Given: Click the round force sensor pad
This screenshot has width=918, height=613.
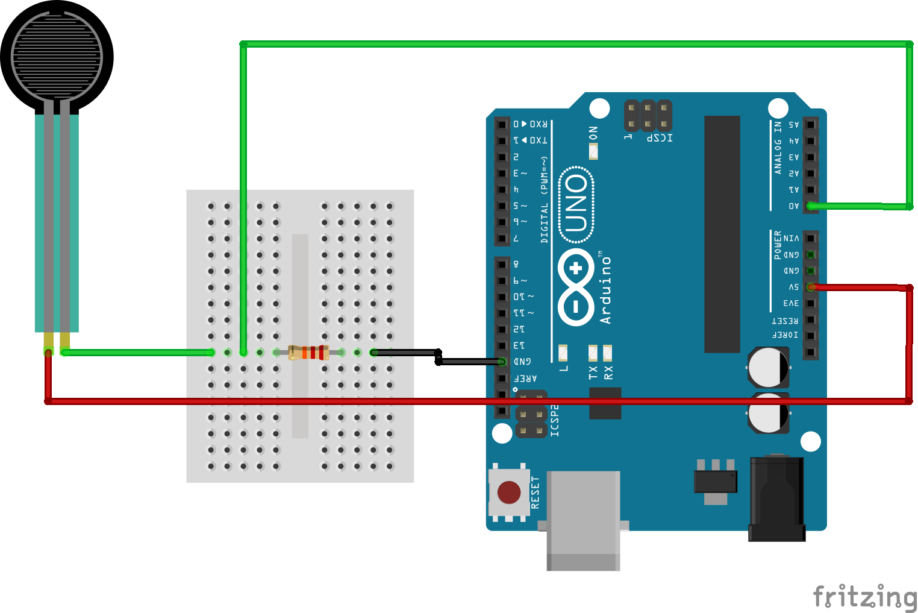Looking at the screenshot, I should [x=57, y=57].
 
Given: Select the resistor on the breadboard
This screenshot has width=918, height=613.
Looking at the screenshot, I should [x=308, y=353].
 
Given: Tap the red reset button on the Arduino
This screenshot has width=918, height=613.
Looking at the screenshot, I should [x=509, y=492].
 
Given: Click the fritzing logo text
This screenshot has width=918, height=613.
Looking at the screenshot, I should [x=864, y=596].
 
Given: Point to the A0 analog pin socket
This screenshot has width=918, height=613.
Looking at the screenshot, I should [x=811, y=206].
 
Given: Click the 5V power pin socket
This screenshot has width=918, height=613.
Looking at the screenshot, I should [x=811, y=288].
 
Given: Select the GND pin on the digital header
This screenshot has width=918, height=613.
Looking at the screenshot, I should [x=502, y=362].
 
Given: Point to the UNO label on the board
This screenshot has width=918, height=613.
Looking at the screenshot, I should [x=576, y=204].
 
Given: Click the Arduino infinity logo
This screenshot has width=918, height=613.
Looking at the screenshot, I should [x=576, y=287].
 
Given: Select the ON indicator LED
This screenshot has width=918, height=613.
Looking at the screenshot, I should [x=593, y=151].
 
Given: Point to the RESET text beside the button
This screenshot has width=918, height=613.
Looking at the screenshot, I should [x=535, y=492].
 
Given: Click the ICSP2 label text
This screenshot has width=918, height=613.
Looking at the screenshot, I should [x=555, y=420].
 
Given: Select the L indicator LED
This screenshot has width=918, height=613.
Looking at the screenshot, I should [x=563, y=352].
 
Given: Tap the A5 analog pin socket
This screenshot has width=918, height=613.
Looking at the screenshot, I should [x=811, y=125].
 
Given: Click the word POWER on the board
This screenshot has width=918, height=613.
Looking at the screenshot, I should [x=778, y=245].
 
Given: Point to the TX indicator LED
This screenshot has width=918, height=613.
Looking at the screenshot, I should [x=593, y=352].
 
